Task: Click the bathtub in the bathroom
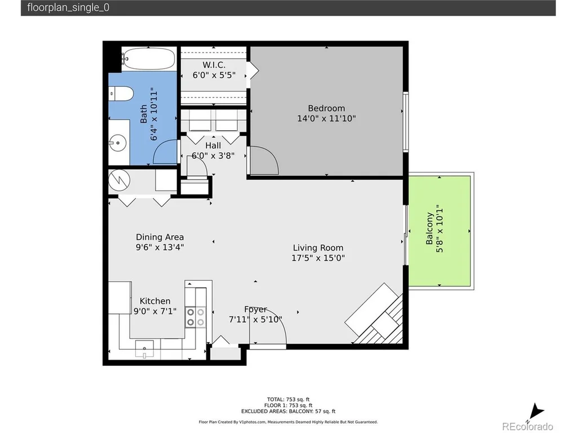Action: [149, 59]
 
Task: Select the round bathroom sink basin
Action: [118, 143]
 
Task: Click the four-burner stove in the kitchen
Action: [196, 317]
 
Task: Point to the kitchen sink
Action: [145, 348]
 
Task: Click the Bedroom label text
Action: [326, 108]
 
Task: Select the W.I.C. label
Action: [214, 65]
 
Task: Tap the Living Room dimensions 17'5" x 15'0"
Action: [318, 258]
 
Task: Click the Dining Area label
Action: [159, 237]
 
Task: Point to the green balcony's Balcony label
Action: [429, 228]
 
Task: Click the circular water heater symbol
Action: [119, 180]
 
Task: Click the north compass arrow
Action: [536, 412]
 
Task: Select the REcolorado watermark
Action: [527, 426]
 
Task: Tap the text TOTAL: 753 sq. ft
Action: [288, 399]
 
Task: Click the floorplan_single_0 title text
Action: [68, 8]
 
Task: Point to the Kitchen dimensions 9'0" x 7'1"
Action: [155, 311]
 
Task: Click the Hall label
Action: [213, 145]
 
